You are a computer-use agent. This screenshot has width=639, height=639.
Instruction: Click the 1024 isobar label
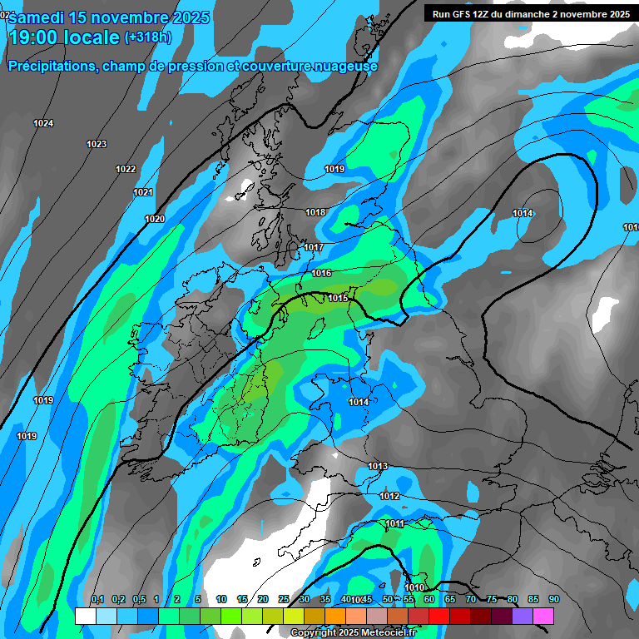tap(43, 124)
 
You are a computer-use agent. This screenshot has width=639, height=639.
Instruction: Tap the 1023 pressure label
tap(97, 145)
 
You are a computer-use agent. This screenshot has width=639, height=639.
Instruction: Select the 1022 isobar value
tap(126, 170)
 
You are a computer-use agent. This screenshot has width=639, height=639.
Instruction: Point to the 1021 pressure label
tap(143, 193)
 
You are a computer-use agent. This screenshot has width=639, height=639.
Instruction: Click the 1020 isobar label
tap(155, 220)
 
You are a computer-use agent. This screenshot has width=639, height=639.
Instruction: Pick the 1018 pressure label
tap(315, 213)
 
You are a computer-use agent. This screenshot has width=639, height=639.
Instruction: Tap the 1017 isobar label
tap(313, 248)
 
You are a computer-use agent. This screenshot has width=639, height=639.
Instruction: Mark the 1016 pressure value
tap(322, 274)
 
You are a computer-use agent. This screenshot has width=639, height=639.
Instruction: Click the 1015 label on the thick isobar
tap(338, 298)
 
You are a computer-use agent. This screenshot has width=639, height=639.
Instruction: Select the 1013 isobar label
tap(378, 466)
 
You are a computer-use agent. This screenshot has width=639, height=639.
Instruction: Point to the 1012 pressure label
tap(389, 497)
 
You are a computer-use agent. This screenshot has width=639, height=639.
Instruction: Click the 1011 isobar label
tap(394, 523)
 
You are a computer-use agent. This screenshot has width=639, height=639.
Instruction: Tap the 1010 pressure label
tap(414, 588)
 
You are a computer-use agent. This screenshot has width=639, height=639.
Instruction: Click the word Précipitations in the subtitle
tap(52, 67)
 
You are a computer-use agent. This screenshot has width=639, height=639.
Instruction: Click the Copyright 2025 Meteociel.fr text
tap(353, 632)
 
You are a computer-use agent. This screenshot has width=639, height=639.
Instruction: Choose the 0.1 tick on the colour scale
tap(97, 600)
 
